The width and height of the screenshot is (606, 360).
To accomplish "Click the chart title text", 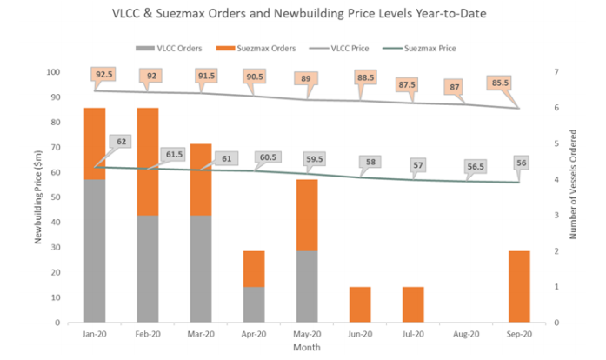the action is pos(299,14).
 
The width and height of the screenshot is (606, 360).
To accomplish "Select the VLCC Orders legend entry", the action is pos(169,49).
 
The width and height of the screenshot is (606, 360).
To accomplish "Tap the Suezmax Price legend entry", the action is pos(419,49).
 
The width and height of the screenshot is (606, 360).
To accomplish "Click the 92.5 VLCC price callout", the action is pos(104,74).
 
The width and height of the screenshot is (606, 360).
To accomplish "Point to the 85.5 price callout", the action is pos(500,83).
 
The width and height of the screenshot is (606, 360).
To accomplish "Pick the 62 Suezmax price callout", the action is pos(121,142).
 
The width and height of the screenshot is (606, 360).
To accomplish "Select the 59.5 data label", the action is pos(314,159).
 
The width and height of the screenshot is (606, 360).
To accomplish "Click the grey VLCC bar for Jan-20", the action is pos(95,250).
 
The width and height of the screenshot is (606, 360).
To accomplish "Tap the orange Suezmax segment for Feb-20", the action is pos(148,162).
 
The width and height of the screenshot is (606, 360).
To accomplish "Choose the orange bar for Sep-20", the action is pos(519,287).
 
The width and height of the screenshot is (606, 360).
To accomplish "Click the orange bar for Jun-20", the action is pos(360,304).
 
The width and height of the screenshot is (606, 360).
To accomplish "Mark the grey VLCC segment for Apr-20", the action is pos(254,304).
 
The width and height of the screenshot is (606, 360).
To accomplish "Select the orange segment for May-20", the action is pos(307,215).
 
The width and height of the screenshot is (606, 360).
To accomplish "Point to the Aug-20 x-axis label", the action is pos(466,334).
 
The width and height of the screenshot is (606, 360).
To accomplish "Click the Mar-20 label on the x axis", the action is pos(201,334).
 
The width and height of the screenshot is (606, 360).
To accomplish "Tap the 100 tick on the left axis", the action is pos(53,72).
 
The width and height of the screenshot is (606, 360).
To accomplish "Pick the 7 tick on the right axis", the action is pos(556,72).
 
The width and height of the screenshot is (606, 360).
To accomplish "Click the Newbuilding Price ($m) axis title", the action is pos(38,197).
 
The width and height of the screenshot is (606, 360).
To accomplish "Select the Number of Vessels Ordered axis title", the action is pos(573,184).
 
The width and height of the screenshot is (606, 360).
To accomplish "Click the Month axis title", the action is pos(307,347).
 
